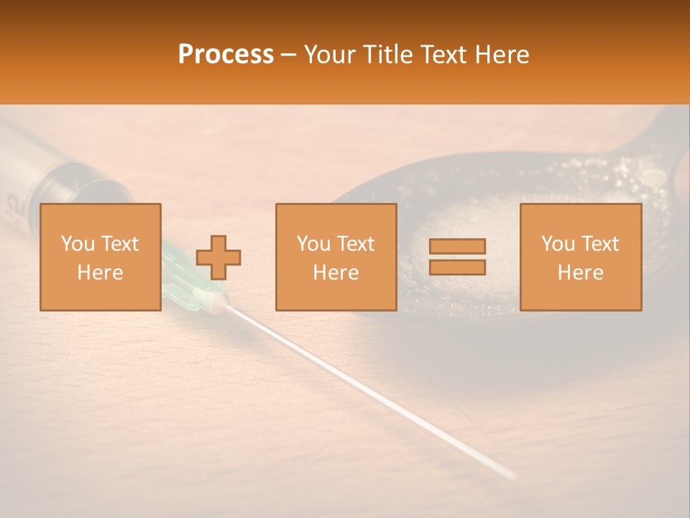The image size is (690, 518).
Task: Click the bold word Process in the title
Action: [226, 54]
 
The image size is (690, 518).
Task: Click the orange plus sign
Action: [218, 257]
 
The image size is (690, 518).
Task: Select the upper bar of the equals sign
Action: [457, 246]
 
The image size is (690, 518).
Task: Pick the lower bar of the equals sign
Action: [457, 267]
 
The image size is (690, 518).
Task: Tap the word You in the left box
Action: [78, 243]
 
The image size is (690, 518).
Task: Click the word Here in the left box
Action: [100, 273]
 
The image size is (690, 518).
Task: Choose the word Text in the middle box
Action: [355, 243]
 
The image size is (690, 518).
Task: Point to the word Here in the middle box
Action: [336, 273]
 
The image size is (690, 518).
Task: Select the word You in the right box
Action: [558, 243]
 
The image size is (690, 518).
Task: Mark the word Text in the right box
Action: [599, 243]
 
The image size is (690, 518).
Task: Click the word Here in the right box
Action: [580, 273]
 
